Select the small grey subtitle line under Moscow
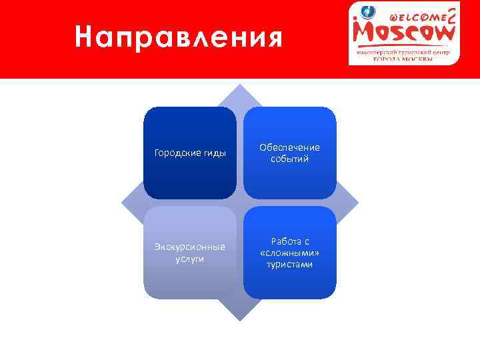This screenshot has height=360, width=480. click(403, 51)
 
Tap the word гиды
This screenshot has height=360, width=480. click(213, 153)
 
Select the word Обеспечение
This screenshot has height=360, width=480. click(290, 147)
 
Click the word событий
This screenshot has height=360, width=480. click(290, 159)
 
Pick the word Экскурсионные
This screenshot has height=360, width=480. click(190, 247)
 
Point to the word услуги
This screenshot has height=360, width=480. click(190, 259)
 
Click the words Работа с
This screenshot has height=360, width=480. click(290, 241)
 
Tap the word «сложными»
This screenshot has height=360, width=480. click(290, 253)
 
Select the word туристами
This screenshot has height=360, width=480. click(290, 265)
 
